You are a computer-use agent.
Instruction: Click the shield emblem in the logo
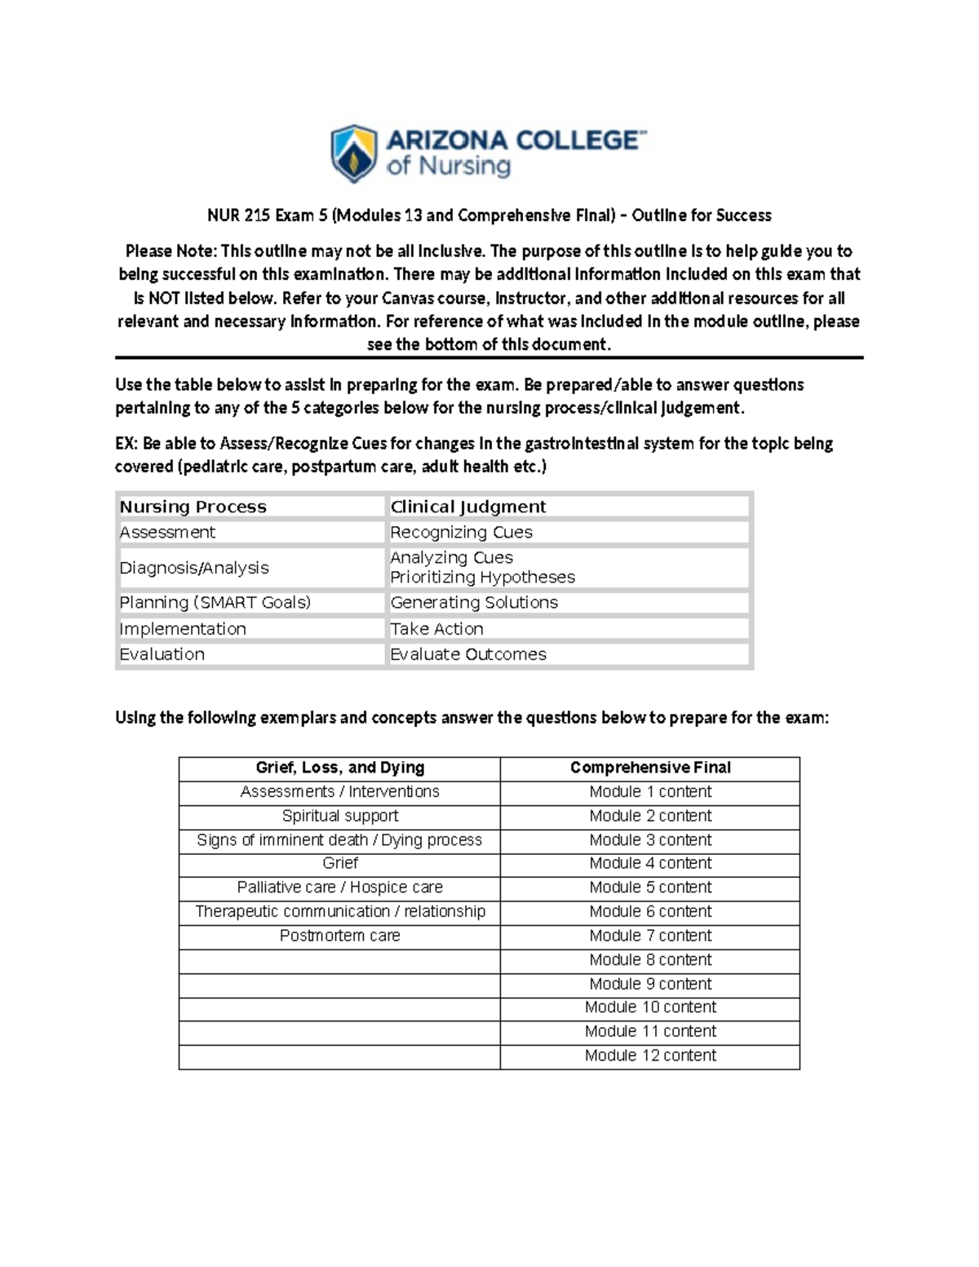pyautogui.click(x=353, y=153)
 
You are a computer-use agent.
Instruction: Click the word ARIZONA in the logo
pyautogui.click(x=448, y=140)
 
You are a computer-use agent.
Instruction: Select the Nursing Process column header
pyautogui.click(x=193, y=507)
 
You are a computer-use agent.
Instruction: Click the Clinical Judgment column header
pyautogui.click(x=467, y=507)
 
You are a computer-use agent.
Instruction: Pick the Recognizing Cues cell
pyautogui.click(x=461, y=532)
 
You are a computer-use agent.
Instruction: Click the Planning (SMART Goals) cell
pyautogui.click(x=215, y=602)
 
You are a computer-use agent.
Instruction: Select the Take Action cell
pyautogui.click(x=436, y=628)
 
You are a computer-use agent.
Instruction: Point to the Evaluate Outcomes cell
pyautogui.click(x=467, y=654)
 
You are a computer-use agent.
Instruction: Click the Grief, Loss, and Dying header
pyautogui.click(x=339, y=768)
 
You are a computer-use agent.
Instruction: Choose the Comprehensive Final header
pyautogui.click(x=650, y=768)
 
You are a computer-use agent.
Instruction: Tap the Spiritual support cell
pyautogui.click(x=339, y=816)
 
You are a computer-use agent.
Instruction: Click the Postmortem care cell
pyautogui.click(x=339, y=936)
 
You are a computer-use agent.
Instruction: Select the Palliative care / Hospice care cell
pyautogui.click(x=339, y=888)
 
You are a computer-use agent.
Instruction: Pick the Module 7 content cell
pyautogui.click(x=650, y=936)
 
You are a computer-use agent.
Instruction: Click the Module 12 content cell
pyautogui.click(x=650, y=1056)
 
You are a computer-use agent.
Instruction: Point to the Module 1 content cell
pyautogui.click(x=650, y=791)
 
